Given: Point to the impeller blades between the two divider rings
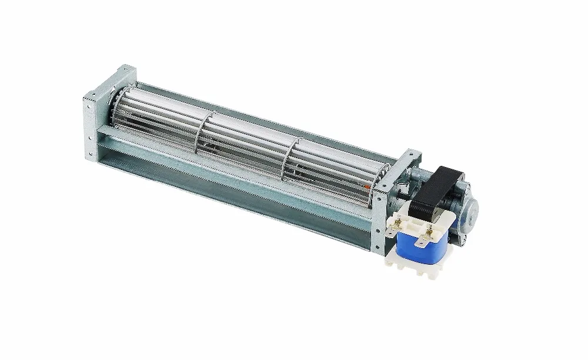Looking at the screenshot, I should (x=250, y=144).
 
